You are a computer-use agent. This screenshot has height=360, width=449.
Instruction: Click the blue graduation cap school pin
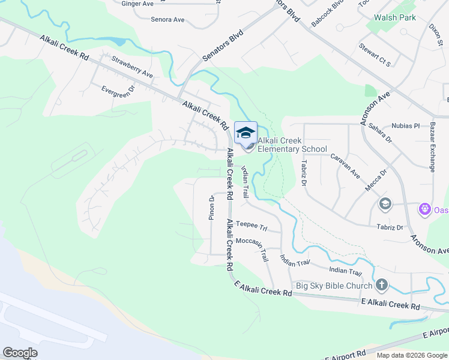click(246, 133)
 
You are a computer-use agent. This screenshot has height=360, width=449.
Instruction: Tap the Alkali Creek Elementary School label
click(292, 145)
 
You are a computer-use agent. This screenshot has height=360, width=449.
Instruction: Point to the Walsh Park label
click(395, 18)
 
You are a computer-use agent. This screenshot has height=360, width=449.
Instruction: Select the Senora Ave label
click(167, 20)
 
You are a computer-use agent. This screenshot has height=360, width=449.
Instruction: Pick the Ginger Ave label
click(137, 4)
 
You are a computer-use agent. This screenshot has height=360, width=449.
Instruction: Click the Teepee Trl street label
click(250, 224)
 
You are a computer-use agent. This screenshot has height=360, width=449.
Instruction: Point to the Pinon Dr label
click(211, 208)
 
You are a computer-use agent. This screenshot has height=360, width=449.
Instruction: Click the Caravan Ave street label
click(345, 166)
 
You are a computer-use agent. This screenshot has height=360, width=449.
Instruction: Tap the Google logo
click(20, 353)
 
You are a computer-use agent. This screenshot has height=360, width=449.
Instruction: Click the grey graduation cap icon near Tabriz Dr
click(385, 205)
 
